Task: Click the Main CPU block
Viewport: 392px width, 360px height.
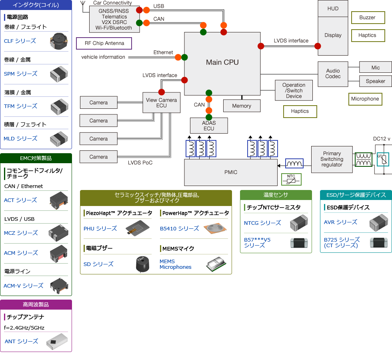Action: pyautogui.click(x=222, y=62)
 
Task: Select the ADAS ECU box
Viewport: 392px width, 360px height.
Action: pyautogui.click(x=209, y=126)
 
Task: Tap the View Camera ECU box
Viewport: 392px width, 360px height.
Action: pyautogui.click(x=162, y=103)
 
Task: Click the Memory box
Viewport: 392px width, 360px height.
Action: pyautogui.click(x=242, y=106)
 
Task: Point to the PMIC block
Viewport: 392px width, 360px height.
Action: pyautogui.click(x=230, y=172)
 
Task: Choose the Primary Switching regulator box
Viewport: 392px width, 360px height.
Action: pyautogui.click(x=332, y=159)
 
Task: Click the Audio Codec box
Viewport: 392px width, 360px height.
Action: pyautogui.click(x=333, y=74)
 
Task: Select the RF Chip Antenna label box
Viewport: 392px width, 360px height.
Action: pyautogui.click(x=104, y=43)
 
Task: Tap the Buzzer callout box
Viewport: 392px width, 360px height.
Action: pyautogui.click(x=367, y=18)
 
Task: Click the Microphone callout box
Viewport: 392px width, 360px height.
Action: pyautogui.click(x=365, y=99)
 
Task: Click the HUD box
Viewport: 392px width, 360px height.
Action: pyautogui.click(x=333, y=8)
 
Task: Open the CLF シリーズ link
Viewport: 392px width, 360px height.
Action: pyautogui.click(x=20, y=41)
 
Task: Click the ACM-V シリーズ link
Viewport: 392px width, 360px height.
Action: pyautogui.click(x=23, y=286)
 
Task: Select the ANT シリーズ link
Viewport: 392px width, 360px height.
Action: pyautogui.click(x=22, y=341)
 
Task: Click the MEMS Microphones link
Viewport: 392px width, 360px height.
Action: pyautogui.click(x=176, y=264)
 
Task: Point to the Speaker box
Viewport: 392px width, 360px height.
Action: pyautogui.click(x=375, y=81)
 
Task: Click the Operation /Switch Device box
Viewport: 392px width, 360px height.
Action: pyautogui.click(x=294, y=90)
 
